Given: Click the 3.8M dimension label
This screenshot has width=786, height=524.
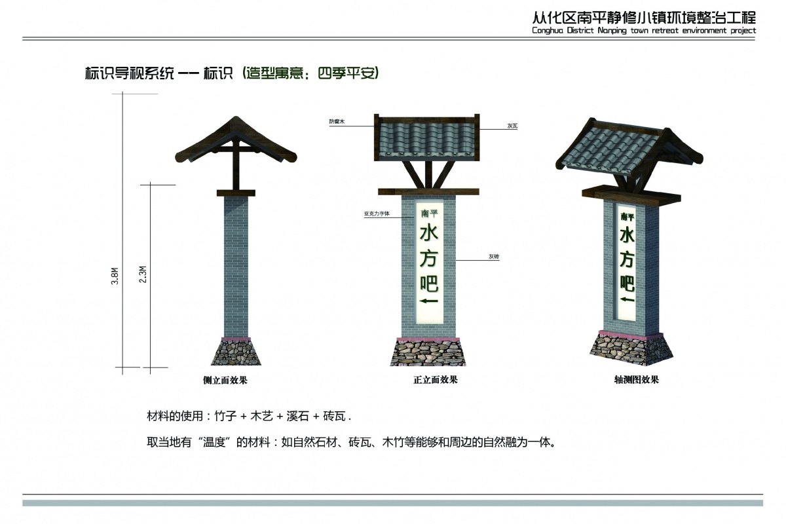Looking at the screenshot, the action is pyautogui.click(x=115, y=276).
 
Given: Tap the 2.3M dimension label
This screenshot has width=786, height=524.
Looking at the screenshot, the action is pyautogui.click(x=143, y=274).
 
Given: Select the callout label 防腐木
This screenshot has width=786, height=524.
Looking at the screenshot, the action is pyautogui.click(x=337, y=121).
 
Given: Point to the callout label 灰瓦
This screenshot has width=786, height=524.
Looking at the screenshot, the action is pyautogui.click(x=512, y=126).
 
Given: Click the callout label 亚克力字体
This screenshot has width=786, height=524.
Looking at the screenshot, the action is pyautogui.click(x=377, y=214).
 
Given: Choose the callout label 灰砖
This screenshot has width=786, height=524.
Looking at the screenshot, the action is pyautogui.click(x=494, y=257).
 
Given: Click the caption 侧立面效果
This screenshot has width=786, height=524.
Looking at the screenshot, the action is pyautogui.click(x=225, y=380).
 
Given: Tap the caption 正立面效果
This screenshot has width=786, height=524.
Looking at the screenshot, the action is pyautogui.click(x=436, y=380).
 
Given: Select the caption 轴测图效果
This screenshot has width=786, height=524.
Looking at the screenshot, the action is pyautogui.click(x=637, y=379).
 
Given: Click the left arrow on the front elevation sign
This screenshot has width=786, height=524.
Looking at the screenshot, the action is pyautogui.click(x=429, y=301).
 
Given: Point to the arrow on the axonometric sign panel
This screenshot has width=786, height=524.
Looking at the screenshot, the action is pyautogui.click(x=627, y=299).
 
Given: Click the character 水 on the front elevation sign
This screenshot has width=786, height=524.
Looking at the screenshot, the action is pyautogui.click(x=429, y=233).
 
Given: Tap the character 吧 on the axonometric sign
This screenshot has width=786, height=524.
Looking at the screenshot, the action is pyautogui.click(x=627, y=283).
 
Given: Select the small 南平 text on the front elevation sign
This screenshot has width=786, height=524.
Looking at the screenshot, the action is pyautogui.click(x=429, y=214).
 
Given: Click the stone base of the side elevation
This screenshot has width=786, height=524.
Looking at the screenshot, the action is pyautogui.click(x=236, y=352).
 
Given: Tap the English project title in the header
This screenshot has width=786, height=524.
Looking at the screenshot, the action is pyautogui.click(x=644, y=31).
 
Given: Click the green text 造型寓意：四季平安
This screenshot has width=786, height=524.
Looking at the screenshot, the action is pyautogui.click(x=311, y=73).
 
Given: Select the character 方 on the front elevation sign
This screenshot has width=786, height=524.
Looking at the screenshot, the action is pyautogui.click(x=429, y=258).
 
